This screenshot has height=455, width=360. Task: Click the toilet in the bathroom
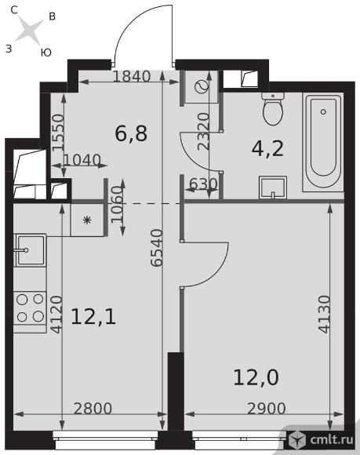click(272, 109)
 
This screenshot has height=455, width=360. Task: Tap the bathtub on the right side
click(323, 142)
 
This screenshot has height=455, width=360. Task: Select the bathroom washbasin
click(273, 187)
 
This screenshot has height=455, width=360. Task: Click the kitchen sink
click(30, 250)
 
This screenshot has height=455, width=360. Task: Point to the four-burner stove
click(30, 308)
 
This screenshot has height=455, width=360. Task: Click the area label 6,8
click(131, 134)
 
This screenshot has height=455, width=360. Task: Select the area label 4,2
click(267, 149)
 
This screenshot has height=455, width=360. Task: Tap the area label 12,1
click(93, 317)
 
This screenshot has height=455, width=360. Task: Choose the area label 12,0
click(256, 377)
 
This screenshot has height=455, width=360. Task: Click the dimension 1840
click(132, 77)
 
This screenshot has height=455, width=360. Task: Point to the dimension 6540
click(157, 248)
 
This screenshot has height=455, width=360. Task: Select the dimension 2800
click(93, 408)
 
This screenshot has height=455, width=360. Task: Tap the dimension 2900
click(267, 408)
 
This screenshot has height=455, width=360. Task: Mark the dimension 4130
click(325, 314)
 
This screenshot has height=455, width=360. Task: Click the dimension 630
click(203, 184)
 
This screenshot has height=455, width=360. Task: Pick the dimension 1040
click(82, 160)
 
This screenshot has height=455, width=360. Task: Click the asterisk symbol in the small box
click(87, 220)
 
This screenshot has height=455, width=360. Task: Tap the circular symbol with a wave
click(202, 86)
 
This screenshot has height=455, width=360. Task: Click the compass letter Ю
click(45, 53)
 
